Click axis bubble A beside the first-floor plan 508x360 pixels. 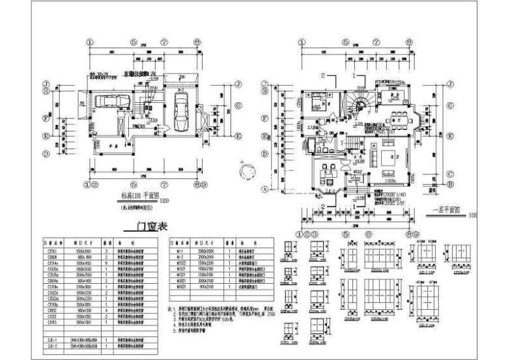(x=265, y=189)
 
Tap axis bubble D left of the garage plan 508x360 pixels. (x=46, y=155)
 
